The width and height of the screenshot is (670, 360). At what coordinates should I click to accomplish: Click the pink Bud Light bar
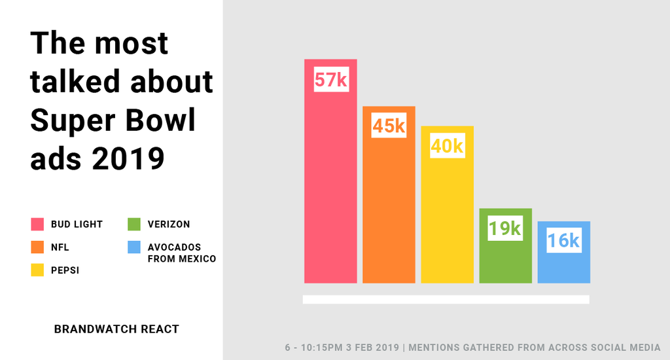pyautogui.click(x=330, y=190)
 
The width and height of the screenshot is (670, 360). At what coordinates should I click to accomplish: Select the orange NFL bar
pyautogui.click(x=389, y=209)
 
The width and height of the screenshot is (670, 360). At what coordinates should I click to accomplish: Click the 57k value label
pyautogui.click(x=330, y=79)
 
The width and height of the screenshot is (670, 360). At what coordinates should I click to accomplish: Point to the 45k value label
pyautogui.click(x=389, y=125)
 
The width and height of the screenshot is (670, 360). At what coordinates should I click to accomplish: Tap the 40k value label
pyautogui.click(x=447, y=146)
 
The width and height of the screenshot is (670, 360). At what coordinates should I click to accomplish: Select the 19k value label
pyautogui.click(x=505, y=228)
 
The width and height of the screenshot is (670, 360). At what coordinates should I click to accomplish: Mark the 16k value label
pyautogui.click(x=563, y=241)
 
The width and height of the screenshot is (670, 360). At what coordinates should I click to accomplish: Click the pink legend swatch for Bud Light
pyautogui.click(x=37, y=225)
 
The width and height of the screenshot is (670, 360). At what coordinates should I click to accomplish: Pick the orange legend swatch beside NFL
pyautogui.click(x=37, y=247)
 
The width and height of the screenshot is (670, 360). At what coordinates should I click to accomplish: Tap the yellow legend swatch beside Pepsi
pyautogui.click(x=37, y=270)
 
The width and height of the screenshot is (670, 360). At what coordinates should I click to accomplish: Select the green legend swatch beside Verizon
pyautogui.click(x=134, y=225)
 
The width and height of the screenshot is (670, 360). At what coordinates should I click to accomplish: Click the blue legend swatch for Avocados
pyautogui.click(x=134, y=247)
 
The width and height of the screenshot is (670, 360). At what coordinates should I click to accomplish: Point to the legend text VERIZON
pyautogui.click(x=168, y=225)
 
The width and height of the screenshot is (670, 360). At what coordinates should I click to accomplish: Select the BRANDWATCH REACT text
pyautogui.click(x=116, y=329)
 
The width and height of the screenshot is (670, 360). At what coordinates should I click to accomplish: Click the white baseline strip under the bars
pyautogui.click(x=446, y=299)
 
